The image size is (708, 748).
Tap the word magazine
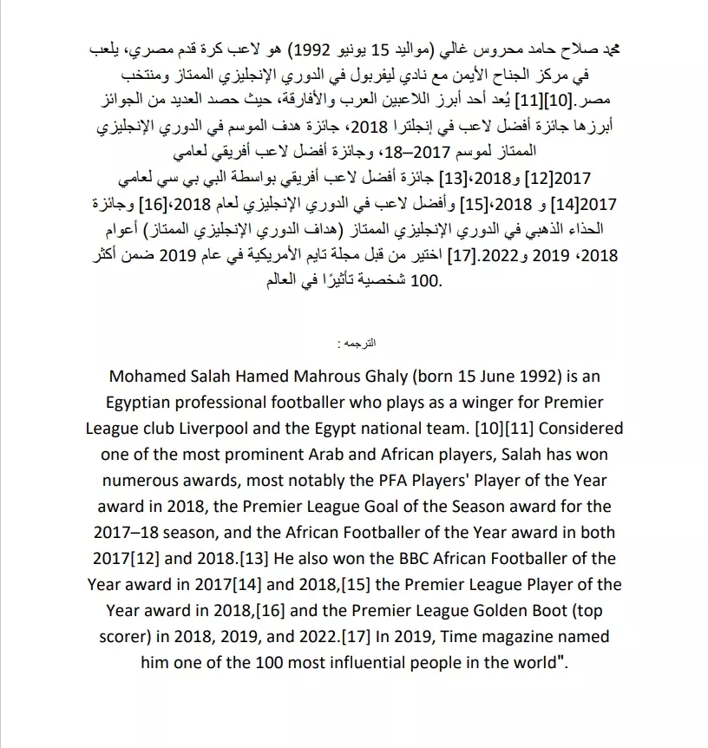513,636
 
